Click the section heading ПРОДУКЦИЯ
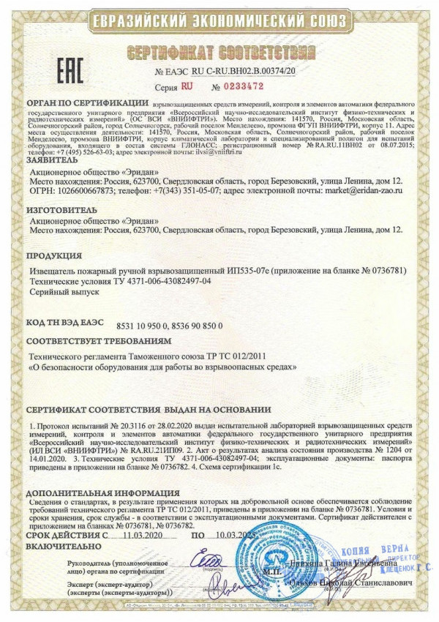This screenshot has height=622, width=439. point(53,257)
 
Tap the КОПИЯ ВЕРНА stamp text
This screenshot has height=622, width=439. point(390,549)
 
